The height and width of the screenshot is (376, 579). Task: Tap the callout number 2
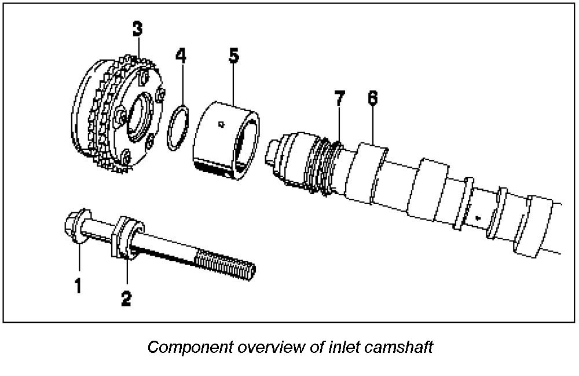point(126,297)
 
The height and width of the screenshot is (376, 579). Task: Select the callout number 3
point(137,29)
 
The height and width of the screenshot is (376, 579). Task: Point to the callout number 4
point(181,56)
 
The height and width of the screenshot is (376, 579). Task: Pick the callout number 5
point(233,56)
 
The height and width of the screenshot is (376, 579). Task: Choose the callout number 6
point(372,98)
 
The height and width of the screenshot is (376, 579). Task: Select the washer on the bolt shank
point(123,236)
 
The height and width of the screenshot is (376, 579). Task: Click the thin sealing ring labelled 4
point(177,127)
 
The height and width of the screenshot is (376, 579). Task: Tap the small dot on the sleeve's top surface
point(221,123)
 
